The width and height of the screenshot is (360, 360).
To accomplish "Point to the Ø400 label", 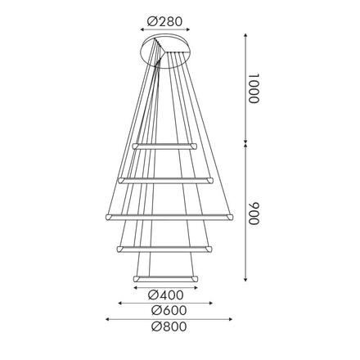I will point(166,295).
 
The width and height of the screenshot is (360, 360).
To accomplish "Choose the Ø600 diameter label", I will point(166,311).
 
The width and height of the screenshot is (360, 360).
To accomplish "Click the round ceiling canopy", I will point(166,51).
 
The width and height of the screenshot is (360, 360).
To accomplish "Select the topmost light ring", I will point(165,146).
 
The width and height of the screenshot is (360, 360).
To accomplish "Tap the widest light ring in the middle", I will point(165,216).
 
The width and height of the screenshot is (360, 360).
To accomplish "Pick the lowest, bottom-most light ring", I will point(165,280).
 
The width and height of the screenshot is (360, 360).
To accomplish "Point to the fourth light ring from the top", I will point(165,248).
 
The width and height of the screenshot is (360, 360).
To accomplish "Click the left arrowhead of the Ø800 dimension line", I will point(105,319).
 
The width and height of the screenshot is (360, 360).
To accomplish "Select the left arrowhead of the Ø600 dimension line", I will point(120,304).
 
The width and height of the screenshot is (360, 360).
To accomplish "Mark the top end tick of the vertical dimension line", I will point(247,34).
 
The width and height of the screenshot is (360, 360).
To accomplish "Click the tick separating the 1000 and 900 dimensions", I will point(247,146).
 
